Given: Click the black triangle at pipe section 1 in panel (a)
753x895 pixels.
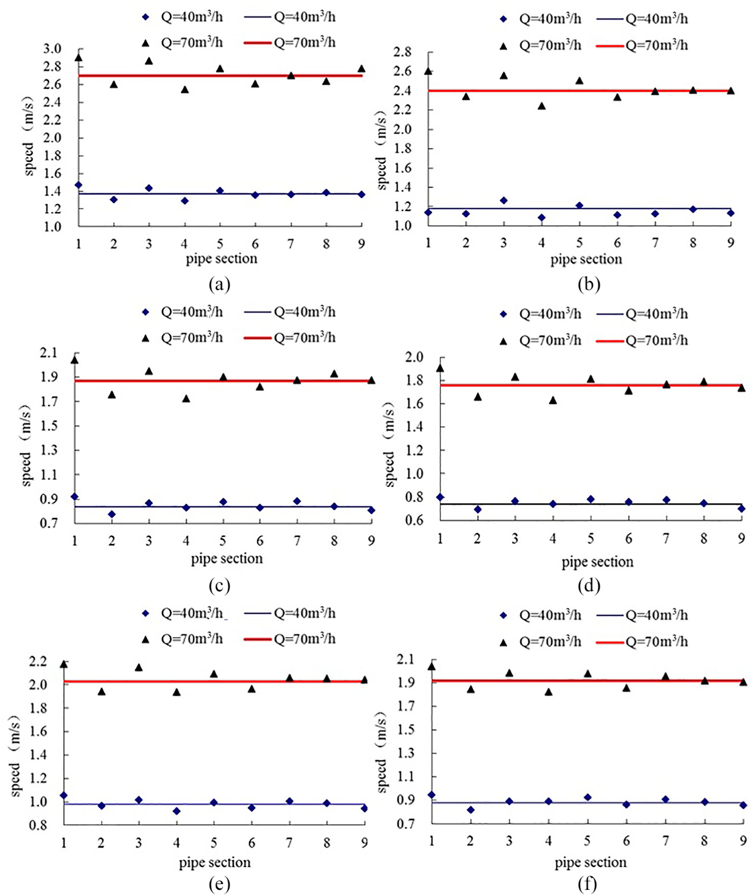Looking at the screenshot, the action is point(79,58).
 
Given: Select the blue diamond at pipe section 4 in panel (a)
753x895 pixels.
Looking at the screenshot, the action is point(185,201).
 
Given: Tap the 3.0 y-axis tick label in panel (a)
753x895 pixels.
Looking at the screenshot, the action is point(52,49).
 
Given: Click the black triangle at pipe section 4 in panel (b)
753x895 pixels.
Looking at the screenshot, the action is point(542,106).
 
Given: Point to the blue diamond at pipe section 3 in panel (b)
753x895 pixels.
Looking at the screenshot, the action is point(504,200).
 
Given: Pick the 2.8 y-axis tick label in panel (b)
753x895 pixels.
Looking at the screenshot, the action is point(403,52).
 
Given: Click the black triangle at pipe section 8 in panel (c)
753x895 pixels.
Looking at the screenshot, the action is point(334,374).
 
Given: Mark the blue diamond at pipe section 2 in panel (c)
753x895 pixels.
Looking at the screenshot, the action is point(112,514).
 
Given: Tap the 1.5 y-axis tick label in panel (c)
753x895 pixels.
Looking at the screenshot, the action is point(48,425).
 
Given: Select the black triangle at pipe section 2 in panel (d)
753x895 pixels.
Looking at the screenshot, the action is point(477,397).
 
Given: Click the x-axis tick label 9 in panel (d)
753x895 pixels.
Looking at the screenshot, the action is point(741,539).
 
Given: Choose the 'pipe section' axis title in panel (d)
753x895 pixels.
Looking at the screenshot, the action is point(597,562).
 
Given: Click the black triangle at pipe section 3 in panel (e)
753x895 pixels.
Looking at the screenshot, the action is point(139,667).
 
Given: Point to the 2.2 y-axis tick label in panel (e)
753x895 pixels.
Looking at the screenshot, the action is point(38,662).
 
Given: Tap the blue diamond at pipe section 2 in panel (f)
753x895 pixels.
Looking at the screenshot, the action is point(471,810).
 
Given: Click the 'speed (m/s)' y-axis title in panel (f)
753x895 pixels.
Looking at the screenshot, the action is point(381,752).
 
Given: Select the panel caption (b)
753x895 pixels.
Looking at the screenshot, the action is point(589,285).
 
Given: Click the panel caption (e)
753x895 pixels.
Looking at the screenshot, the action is point(220,884).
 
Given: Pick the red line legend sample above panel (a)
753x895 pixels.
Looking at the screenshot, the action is point(257,43).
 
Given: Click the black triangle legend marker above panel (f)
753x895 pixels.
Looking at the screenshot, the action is point(503,643).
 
